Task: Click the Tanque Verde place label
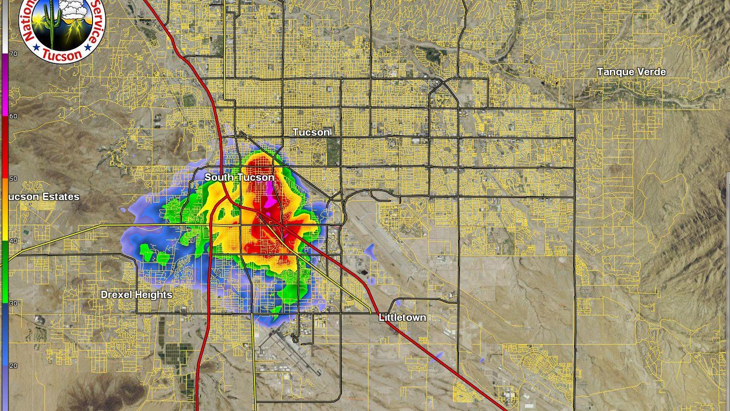tap(631, 72)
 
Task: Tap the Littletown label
tap(402, 317)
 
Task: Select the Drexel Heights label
tap(137, 295)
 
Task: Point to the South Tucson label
tap(239, 177)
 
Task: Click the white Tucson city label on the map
tap(311, 132)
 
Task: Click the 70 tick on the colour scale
tap(13, 53)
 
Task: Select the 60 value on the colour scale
tap(13, 116)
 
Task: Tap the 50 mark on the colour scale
tap(13, 179)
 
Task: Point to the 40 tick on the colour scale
tap(13, 241)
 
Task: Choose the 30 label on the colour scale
tap(13, 304)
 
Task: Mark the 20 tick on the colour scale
tap(13, 366)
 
